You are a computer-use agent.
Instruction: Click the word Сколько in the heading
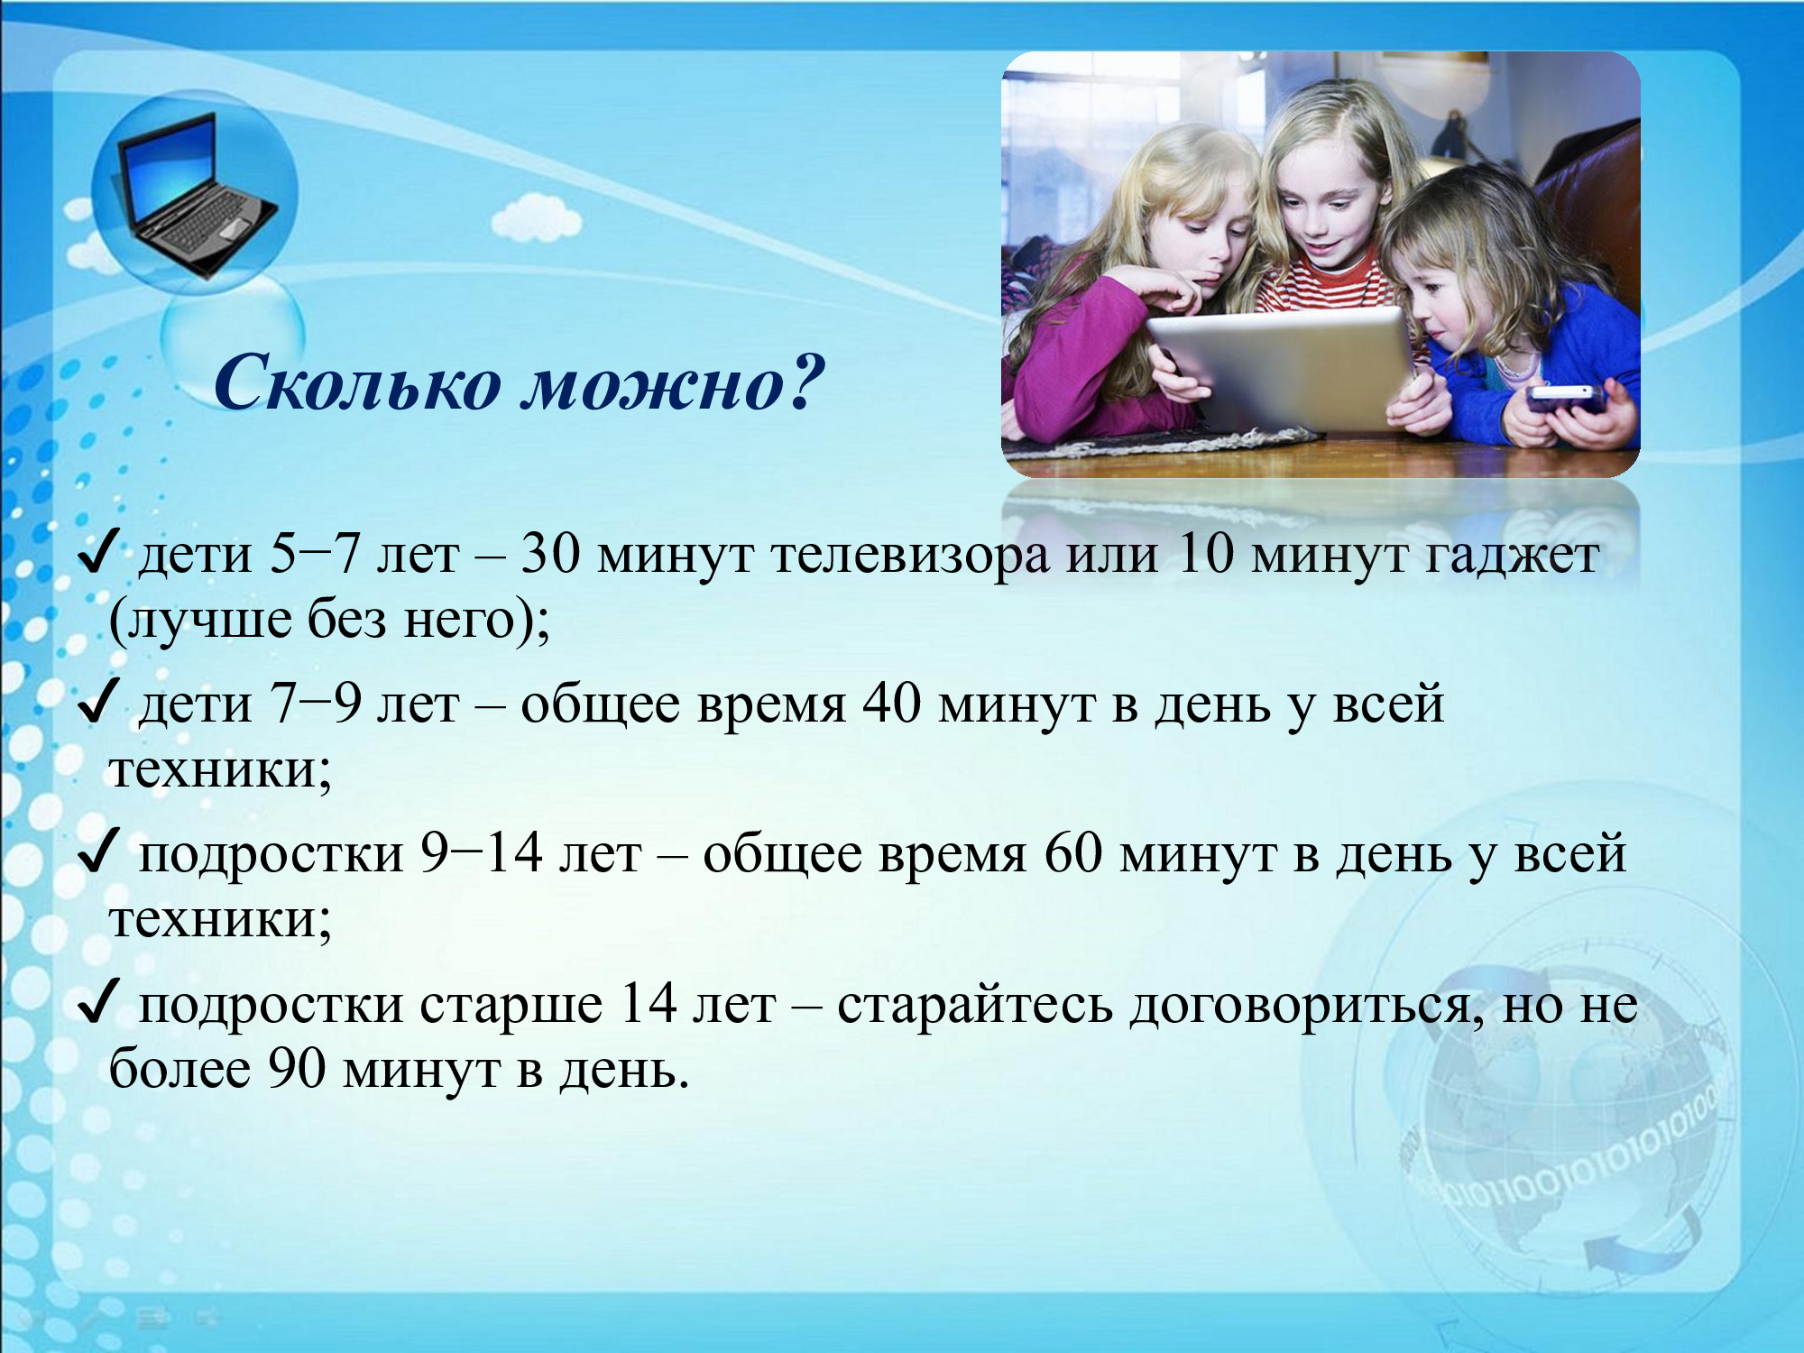pyautogui.click(x=356, y=382)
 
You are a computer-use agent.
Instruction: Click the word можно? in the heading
pyautogui.click(x=675, y=382)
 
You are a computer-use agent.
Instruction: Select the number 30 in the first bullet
pyautogui.click(x=550, y=554)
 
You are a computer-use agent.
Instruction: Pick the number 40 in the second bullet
pyautogui.click(x=892, y=704)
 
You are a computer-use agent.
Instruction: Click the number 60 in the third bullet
pyautogui.click(x=1073, y=853)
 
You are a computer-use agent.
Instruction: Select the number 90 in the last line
pyautogui.click(x=297, y=1069)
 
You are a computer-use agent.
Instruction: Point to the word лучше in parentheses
pyautogui.click(x=207, y=621)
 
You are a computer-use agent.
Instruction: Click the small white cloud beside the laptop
pyautogui.click(x=536, y=217)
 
